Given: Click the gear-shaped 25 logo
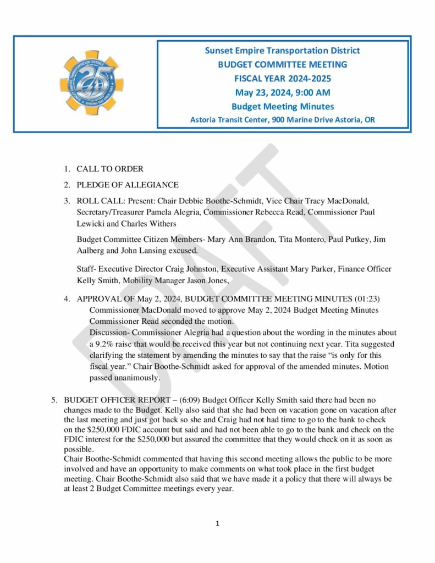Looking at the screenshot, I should pos(89,83).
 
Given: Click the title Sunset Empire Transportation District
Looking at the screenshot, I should pos(282,51).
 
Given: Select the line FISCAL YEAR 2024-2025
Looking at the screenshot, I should pos(282,79).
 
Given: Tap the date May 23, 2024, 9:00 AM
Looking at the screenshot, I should pos(282,92).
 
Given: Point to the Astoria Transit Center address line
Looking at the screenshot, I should pos(282,119).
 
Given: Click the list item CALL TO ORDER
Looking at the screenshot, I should pos(110,169).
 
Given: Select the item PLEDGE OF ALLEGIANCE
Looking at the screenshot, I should pos(128,185).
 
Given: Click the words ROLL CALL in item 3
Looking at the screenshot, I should pos(97,201).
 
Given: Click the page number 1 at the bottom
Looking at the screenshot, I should pos(218,524).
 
